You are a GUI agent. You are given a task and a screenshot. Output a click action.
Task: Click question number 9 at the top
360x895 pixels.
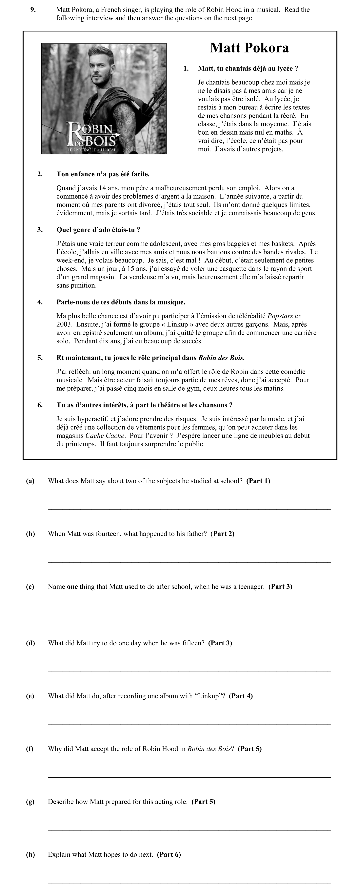[33, 10]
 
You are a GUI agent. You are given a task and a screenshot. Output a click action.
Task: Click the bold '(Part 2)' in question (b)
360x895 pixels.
[223, 534]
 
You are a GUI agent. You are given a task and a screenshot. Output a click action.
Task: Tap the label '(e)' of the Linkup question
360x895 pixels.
[30, 696]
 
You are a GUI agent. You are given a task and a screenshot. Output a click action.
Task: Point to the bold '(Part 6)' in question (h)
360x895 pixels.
[169, 854]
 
